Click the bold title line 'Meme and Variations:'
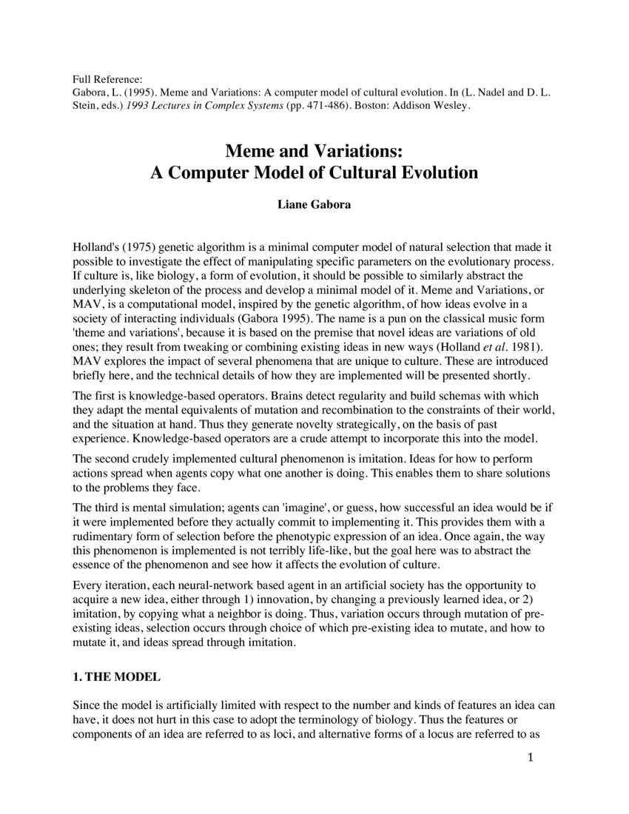pyautogui.click(x=314, y=152)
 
